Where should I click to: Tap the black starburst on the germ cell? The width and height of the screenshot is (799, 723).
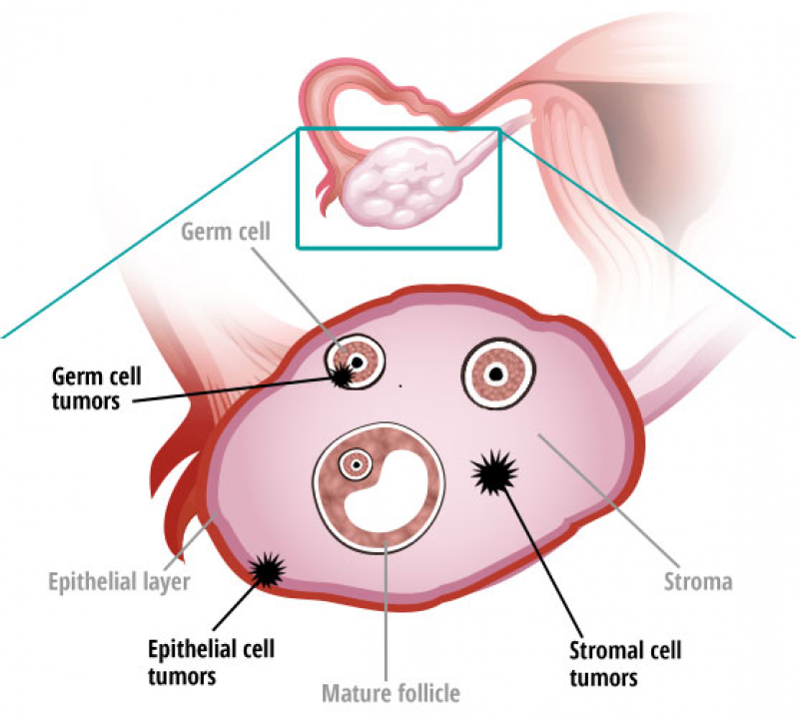tap(344, 375)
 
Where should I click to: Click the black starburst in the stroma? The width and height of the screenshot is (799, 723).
tap(492, 472)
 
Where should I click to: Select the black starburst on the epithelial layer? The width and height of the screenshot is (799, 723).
tap(266, 571)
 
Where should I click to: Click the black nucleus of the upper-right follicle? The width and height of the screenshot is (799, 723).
tap(494, 374)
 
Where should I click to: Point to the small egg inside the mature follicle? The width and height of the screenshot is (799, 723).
tap(355, 463)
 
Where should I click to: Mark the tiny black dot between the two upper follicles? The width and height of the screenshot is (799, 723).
tap(400, 385)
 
